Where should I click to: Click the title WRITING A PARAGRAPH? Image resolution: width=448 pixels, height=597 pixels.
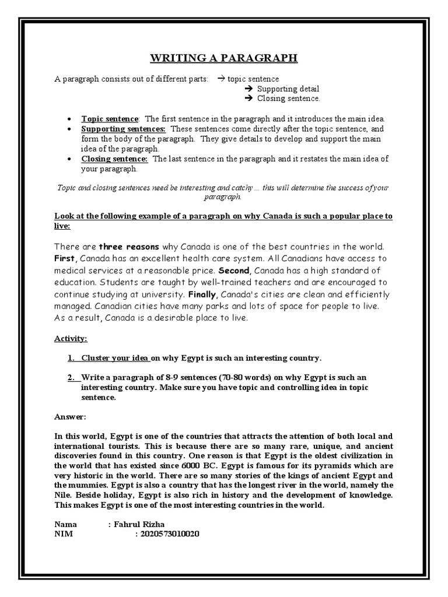[x=224, y=58]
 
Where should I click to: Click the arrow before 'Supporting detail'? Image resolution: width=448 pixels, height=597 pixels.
[x=246, y=89]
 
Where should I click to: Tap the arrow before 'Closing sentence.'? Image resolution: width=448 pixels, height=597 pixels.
[x=246, y=99]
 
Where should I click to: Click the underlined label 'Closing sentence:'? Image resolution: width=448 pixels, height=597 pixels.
[x=114, y=159]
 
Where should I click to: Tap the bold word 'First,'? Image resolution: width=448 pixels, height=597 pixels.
[x=65, y=258]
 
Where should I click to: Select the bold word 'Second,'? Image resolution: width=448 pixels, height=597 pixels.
[x=233, y=271]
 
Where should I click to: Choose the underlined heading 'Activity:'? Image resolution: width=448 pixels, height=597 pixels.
[x=71, y=338]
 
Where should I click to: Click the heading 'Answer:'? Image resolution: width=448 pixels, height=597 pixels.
[x=70, y=417]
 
